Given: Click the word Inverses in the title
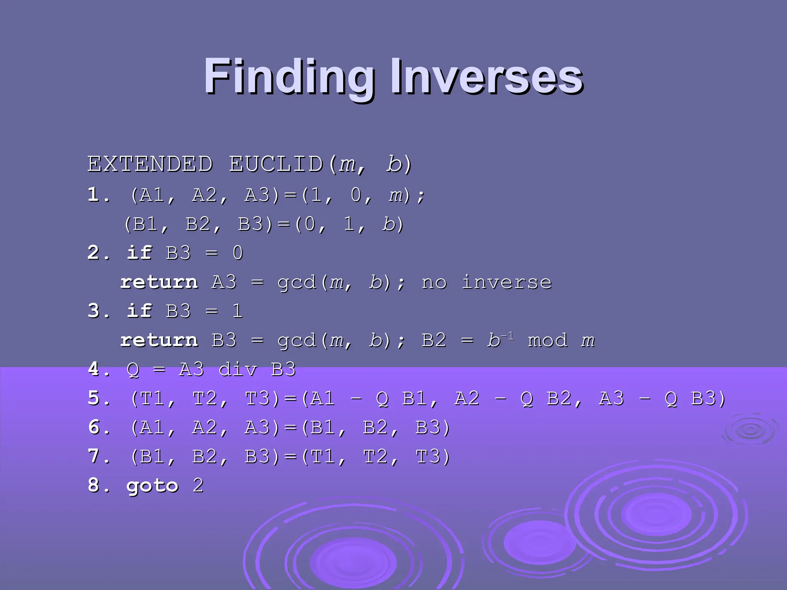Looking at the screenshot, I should (x=487, y=77).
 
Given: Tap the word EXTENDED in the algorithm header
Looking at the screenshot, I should (x=150, y=164).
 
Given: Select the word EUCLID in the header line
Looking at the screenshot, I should (x=276, y=164).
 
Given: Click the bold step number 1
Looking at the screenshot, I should (x=93, y=194).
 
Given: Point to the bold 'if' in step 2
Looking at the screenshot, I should (x=139, y=253).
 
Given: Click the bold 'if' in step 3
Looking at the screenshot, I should (x=139, y=311).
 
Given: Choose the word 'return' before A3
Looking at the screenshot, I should (x=159, y=282).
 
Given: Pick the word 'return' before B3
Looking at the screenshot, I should (x=159, y=340).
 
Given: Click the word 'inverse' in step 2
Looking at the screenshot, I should (x=506, y=282).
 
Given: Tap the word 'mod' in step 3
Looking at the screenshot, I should (x=548, y=340).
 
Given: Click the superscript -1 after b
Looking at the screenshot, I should (x=507, y=336).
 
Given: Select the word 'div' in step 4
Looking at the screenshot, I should (x=238, y=370).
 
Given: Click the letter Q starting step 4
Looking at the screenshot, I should (x=133, y=370).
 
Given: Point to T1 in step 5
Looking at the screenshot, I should (x=153, y=399).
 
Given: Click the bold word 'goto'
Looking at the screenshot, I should (x=153, y=486).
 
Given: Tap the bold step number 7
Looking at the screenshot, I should (x=93, y=456).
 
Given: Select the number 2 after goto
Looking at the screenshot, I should (x=198, y=486).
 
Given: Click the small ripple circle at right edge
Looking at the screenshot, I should (x=750, y=431).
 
